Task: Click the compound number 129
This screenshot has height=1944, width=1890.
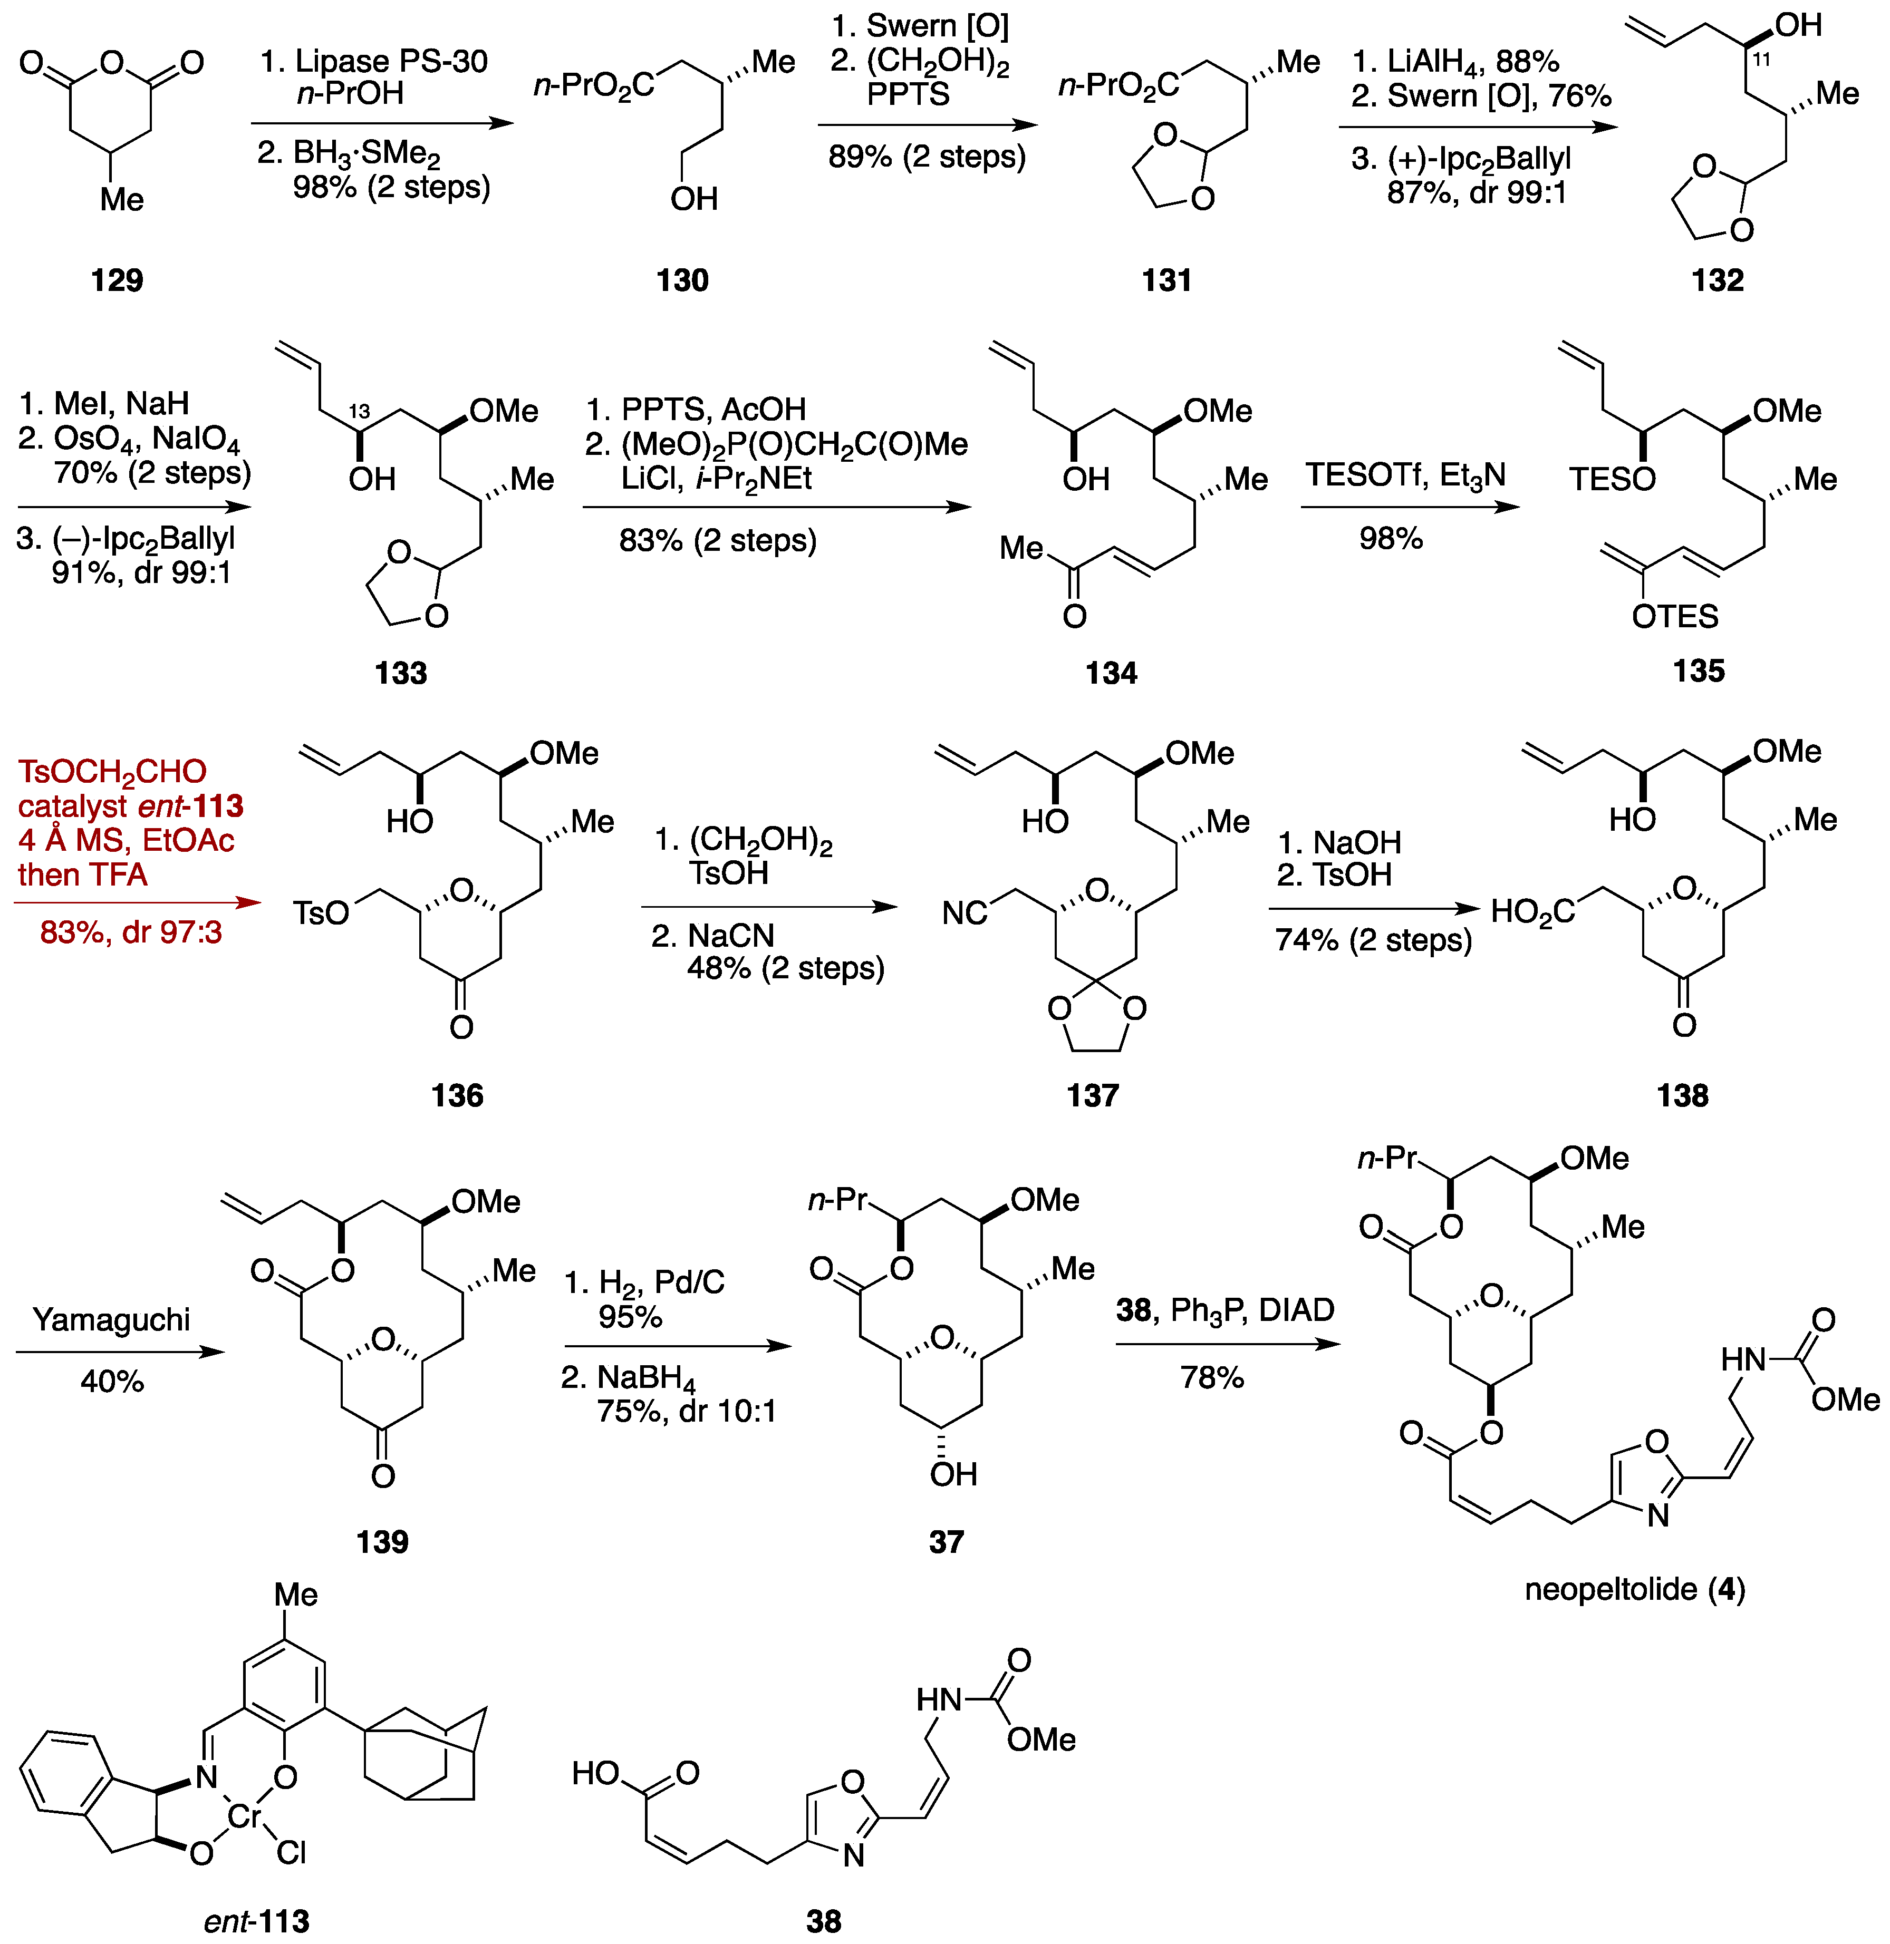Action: (117, 281)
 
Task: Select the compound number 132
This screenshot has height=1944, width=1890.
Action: (1717, 281)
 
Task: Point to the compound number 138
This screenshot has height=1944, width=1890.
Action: (1683, 1095)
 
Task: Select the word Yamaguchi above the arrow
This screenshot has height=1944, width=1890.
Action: (111, 1320)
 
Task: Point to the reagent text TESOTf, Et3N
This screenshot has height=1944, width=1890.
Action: (1405, 475)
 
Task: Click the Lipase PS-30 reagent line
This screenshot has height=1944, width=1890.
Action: (374, 62)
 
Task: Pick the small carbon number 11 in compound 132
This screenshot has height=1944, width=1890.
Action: (1761, 60)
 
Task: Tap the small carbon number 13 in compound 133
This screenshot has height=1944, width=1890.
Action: (359, 411)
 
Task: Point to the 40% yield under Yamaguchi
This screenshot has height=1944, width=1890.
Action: (112, 1382)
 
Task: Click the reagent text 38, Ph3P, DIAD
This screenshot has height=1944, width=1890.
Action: (1225, 1310)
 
